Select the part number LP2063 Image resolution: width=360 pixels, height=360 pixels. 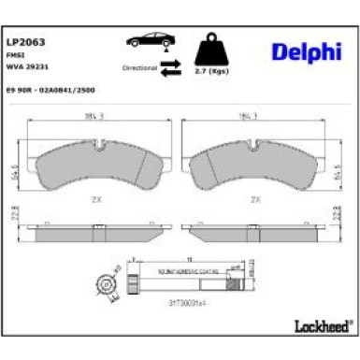[27, 41]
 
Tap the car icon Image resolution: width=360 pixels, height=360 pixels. [149, 43]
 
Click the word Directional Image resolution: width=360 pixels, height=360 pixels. [138, 68]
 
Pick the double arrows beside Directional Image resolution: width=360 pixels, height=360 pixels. [170, 66]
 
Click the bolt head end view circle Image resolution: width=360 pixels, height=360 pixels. [106, 284]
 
